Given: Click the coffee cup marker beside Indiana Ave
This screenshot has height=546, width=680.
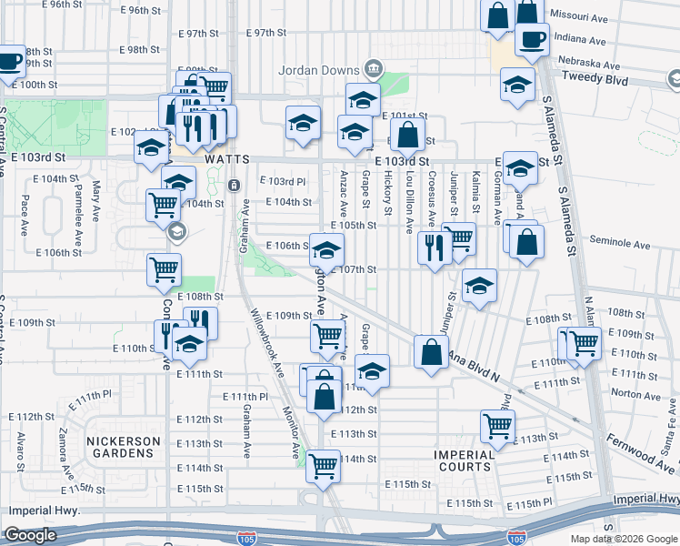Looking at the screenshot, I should pyautogui.click(x=532, y=39).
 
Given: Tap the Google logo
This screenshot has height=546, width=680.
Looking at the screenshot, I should pyautogui.click(x=29, y=535).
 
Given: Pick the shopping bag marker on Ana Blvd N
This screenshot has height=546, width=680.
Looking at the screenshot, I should pyautogui.click(x=431, y=352).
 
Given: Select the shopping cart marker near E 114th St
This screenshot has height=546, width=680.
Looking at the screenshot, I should pyautogui.click(x=324, y=466).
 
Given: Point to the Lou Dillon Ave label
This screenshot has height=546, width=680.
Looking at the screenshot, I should pyautogui.click(x=409, y=202).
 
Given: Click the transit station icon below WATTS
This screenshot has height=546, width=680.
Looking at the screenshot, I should pyautogui.click(x=235, y=185).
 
